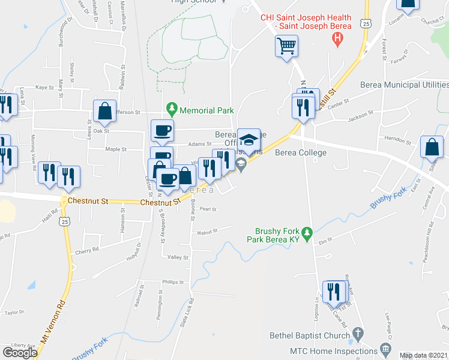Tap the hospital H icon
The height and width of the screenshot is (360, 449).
click(337, 40)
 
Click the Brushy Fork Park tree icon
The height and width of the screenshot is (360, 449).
click(307, 232)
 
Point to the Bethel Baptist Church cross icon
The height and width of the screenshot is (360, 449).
click(358, 334)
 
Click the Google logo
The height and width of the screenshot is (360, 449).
click(20, 353)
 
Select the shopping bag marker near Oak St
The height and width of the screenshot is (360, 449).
click(104, 112)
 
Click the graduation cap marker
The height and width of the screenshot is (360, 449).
click(249, 140)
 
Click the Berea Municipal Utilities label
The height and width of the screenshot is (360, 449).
click(403, 86)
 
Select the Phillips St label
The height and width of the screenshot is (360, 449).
click(173, 281)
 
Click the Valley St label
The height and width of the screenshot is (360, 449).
click(178, 257)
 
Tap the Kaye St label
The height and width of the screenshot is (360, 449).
click(45, 87)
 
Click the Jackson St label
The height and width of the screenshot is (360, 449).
click(361, 112)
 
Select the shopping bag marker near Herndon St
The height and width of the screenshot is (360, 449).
click(432, 147)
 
